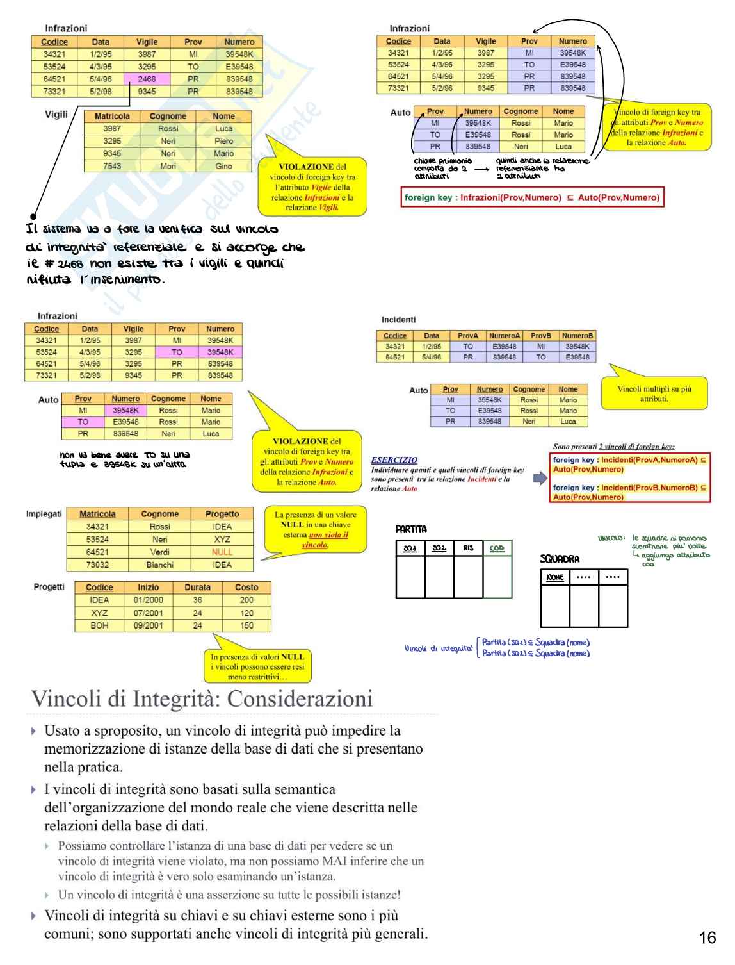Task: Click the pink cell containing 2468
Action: (147, 79)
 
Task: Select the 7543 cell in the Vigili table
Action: (112, 166)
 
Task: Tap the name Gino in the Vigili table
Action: (223, 166)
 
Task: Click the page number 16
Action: (707, 938)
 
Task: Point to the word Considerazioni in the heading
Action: (300, 698)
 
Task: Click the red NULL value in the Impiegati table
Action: (222, 552)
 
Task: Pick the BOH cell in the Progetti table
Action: (99, 625)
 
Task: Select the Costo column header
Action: (246, 587)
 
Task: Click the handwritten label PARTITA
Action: (411, 529)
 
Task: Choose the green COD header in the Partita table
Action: (497, 548)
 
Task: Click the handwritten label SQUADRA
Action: (559, 559)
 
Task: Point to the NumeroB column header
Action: (577, 336)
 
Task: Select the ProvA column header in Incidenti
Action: (468, 336)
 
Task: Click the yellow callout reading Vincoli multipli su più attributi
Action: (654, 393)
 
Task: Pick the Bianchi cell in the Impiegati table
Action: (159, 565)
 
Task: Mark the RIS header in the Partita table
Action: (468, 548)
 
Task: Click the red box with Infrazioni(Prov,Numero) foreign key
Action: (532, 197)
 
